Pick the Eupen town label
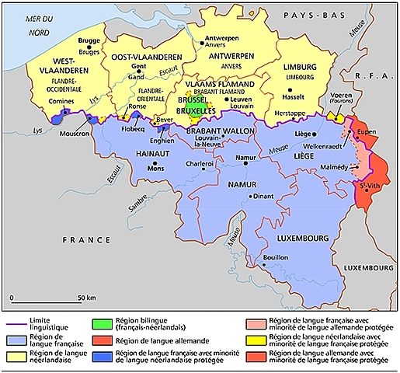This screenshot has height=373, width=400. pyautogui.click(x=367, y=133)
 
